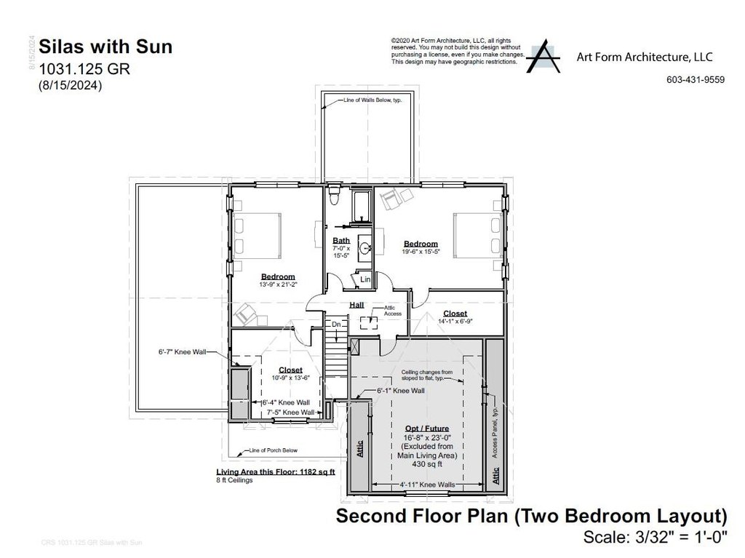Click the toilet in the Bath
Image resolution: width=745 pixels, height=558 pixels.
[x=333, y=197]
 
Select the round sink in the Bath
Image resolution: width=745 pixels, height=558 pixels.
[x=364, y=248]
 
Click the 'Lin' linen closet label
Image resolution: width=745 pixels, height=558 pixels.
[x=365, y=279]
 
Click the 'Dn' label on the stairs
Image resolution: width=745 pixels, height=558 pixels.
[x=336, y=324]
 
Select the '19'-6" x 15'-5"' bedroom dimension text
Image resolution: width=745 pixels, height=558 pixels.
[x=421, y=251]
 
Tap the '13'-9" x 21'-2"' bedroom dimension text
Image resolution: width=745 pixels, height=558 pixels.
[x=278, y=284]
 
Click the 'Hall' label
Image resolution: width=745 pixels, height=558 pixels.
[x=356, y=306]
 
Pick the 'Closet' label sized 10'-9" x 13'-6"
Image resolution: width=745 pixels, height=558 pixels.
[x=290, y=370]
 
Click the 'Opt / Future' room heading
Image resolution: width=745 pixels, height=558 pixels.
[x=426, y=429]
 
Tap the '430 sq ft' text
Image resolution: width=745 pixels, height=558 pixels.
[x=426, y=463]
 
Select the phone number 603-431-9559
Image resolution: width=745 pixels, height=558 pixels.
[x=695, y=80]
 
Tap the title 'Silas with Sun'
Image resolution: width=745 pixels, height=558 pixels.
[x=105, y=47]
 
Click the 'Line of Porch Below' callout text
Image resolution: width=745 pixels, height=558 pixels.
[x=273, y=451]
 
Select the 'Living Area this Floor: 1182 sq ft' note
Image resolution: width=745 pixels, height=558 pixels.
[x=275, y=472]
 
